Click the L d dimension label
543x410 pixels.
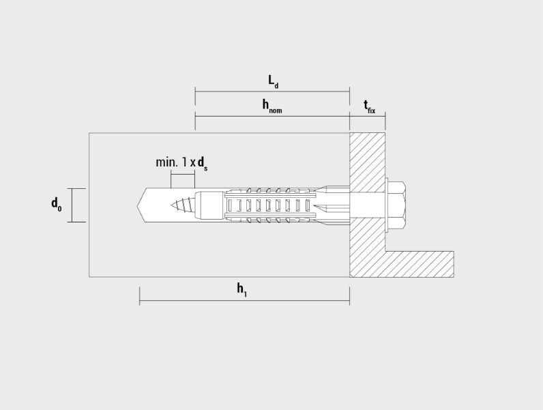[x=274, y=81]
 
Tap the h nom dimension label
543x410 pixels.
[x=272, y=106]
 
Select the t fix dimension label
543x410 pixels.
[x=370, y=106]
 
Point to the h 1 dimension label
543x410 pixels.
[x=241, y=289]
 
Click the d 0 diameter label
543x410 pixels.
[x=57, y=204]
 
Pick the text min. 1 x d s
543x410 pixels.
[x=181, y=163]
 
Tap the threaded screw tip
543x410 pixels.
[x=183, y=205]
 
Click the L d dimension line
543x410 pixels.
[x=272, y=91]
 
